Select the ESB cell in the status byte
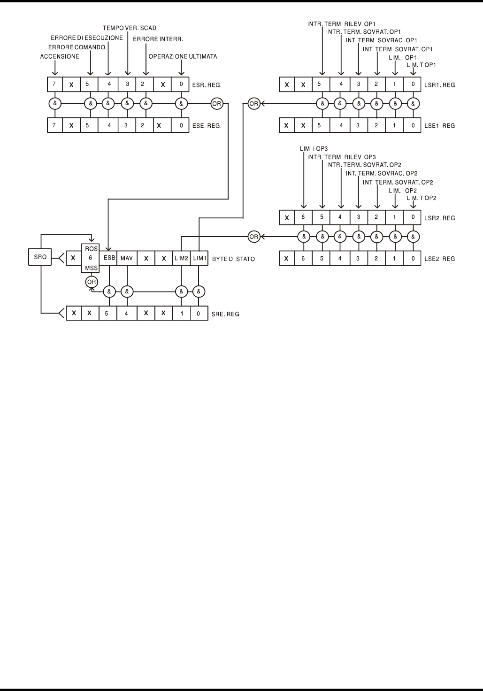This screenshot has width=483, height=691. point(109,258)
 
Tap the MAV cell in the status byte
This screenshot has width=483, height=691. point(127,258)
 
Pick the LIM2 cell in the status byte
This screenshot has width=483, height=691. point(181,258)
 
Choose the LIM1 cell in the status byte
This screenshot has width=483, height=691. point(199,258)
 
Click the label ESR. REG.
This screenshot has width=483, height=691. point(207,85)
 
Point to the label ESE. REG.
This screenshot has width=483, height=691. point(207,126)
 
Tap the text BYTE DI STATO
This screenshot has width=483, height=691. point(233,259)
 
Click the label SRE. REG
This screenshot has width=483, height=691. point(225,314)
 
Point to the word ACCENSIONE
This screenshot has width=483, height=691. point(60,56)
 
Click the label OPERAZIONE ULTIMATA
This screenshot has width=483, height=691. point(183,56)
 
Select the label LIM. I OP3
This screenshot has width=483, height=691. point(314,149)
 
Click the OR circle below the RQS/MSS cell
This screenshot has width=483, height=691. point(91,282)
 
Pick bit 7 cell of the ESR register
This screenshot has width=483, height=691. point(54,85)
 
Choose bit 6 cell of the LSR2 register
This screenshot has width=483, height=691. point(304,218)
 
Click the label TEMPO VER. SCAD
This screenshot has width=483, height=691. point(130,28)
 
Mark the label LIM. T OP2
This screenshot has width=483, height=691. point(422,198)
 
